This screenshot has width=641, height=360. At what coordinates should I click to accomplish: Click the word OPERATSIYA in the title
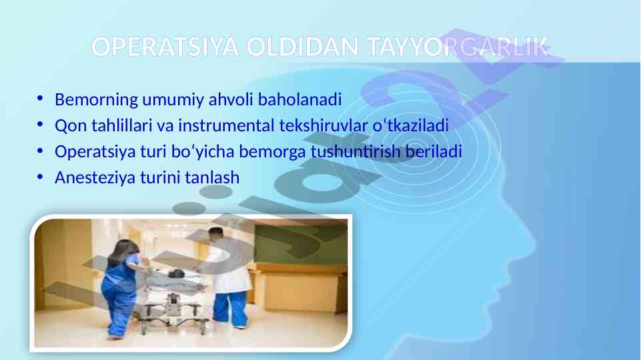165,47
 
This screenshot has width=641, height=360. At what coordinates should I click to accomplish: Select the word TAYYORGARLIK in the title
458,47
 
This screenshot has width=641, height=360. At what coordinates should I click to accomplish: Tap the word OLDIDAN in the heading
303,47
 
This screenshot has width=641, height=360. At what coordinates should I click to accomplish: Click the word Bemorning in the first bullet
97,100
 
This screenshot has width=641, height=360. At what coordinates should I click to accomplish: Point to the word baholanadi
299,99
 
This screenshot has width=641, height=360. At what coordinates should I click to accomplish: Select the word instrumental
227,125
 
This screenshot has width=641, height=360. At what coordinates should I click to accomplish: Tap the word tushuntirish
356,151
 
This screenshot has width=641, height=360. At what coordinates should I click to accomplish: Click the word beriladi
434,151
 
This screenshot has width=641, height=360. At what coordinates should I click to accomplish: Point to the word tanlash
212,177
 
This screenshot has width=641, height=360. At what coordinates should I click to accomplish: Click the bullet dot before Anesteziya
39,177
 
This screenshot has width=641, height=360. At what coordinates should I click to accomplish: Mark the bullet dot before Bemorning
39,99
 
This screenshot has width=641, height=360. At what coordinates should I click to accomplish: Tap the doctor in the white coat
226,277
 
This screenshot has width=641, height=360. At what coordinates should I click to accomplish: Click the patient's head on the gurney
177,273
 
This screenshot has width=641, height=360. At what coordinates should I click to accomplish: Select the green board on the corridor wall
300,243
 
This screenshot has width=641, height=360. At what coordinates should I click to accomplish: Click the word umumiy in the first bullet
173,100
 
